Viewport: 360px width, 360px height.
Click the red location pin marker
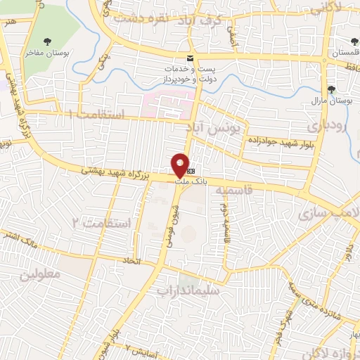coord(181,165)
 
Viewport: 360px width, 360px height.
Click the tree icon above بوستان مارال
coord(332,89)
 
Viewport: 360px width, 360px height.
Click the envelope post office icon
coord(189,57)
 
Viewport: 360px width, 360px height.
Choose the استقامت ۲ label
coord(101,224)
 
